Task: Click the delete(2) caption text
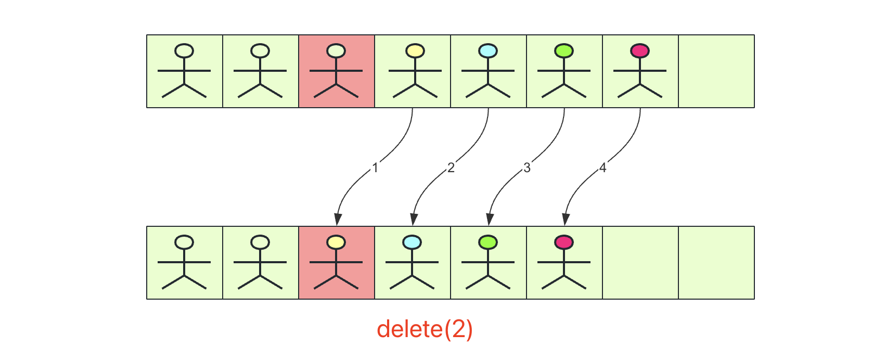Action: click(425, 329)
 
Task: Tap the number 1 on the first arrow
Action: click(375, 168)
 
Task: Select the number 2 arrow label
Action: click(451, 168)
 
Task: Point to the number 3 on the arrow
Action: click(527, 168)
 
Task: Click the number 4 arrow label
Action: click(602, 168)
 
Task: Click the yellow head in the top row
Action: click(415, 51)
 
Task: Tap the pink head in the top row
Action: click(639, 51)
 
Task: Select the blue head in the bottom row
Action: click(412, 242)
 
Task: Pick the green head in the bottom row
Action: click(488, 242)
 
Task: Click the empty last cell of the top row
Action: click(716, 71)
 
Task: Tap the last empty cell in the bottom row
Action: click(716, 263)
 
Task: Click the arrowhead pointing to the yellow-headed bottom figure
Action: click(338, 220)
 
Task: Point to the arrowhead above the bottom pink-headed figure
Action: click(566, 220)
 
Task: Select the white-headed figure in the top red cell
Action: click(336, 71)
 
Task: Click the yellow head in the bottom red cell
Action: click(336, 242)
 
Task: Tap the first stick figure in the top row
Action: click(184, 71)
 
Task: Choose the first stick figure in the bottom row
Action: click(184, 263)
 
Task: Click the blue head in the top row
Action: click(487, 51)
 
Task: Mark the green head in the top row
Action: click(564, 51)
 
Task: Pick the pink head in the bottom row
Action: click(564, 242)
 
